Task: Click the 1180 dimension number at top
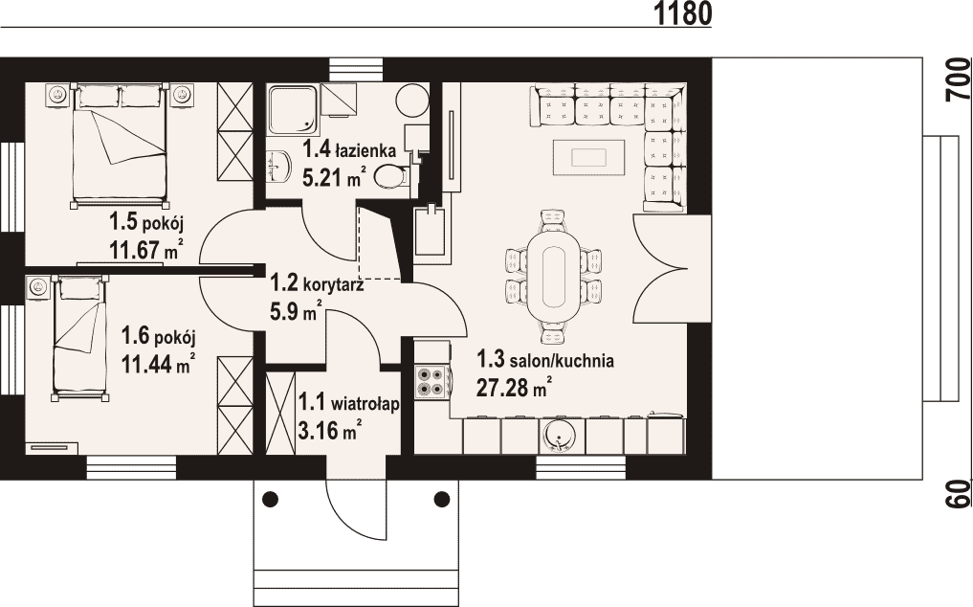pos(682,13)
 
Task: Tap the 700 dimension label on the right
pos(959,79)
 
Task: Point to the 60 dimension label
pos(959,494)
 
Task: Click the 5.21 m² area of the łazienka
pos(333,178)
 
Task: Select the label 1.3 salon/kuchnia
pos(544,360)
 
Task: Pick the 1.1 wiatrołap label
pos(348,403)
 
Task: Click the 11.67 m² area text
pos(145,251)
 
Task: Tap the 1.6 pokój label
pos(158,337)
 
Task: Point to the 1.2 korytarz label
pos(317,284)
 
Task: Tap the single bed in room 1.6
pos(79,339)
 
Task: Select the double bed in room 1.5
pos(120,146)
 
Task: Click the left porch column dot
pos(271,498)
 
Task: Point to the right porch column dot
pos(442,498)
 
